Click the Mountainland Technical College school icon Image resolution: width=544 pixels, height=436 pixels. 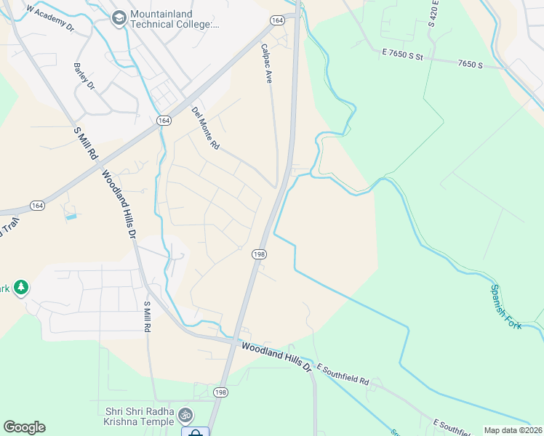click(119, 18)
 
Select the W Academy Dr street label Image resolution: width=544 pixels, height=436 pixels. click(50, 20)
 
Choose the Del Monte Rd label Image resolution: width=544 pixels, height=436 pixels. click(206, 127)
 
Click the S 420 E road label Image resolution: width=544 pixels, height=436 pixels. click(433, 14)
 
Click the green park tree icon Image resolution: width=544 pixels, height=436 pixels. click(21, 288)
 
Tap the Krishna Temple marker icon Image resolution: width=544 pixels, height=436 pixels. click(185, 415)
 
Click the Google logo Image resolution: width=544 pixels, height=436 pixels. click(24, 427)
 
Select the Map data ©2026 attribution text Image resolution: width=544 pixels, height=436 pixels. click(513, 430)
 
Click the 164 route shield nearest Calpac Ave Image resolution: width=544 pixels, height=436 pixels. click(277, 21)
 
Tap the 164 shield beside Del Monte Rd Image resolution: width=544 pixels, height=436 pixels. click(163, 120)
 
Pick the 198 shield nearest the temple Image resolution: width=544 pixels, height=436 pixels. click(220, 392)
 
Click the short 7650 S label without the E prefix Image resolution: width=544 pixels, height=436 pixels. click(471, 65)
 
